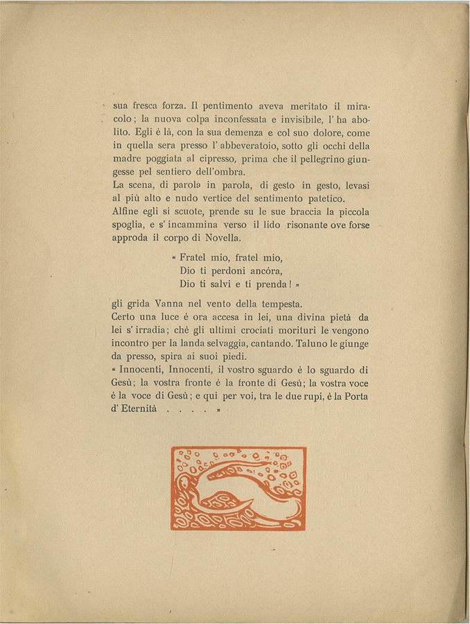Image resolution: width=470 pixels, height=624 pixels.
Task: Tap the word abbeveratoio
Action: point(233,146)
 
